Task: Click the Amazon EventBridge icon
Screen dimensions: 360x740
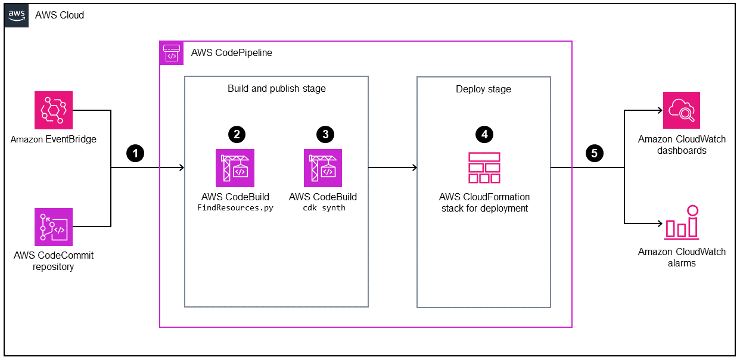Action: (x=54, y=110)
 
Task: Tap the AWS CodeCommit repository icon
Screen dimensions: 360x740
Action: (x=54, y=227)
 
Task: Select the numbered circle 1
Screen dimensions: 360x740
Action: (x=136, y=154)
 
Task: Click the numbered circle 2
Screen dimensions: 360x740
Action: (x=237, y=134)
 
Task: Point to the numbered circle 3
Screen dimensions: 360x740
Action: (x=325, y=134)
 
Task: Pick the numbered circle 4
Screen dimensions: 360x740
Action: (x=484, y=134)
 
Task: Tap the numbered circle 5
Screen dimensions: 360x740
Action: (x=593, y=154)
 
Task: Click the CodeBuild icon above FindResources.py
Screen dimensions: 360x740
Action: (x=235, y=168)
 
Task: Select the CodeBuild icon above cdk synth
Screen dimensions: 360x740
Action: (x=323, y=168)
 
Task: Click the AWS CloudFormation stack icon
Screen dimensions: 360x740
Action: (x=484, y=168)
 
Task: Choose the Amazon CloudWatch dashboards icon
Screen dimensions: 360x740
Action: (x=682, y=111)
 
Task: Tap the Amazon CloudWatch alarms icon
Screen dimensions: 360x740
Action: (x=682, y=222)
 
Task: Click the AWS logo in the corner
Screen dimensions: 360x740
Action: (x=16, y=15)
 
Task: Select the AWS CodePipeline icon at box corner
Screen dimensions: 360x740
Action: (x=172, y=52)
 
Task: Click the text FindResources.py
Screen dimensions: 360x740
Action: (x=235, y=209)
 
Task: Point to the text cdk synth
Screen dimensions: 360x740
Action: (x=324, y=209)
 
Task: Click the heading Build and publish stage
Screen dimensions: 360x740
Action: (x=276, y=89)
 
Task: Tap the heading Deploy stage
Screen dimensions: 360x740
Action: (x=483, y=89)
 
